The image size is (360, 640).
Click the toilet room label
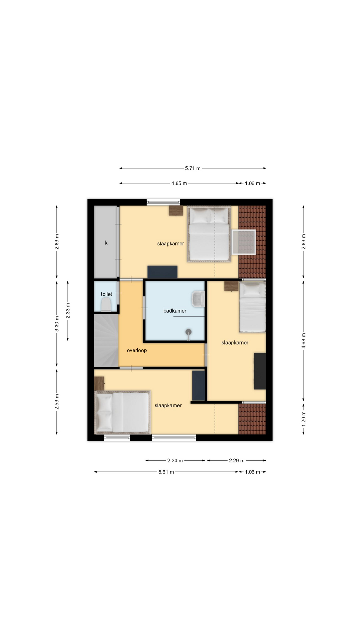click(x=106, y=294)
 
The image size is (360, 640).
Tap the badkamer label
click(x=175, y=311)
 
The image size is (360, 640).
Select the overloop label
click(x=137, y=350)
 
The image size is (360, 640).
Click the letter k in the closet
click(x=106, y=243)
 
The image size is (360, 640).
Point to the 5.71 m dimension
click(x=193, y=168)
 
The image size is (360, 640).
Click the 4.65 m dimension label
click(x=179, y=183)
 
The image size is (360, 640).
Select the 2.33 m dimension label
click(x=68, y=311)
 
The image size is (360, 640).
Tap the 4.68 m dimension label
click(x=303, y=341)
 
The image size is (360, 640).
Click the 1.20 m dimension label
click(x=303, y=418)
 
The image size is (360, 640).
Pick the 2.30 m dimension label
click(x=175, y=461)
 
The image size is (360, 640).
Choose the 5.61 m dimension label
click(x=166, y=472)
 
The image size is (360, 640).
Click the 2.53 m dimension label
click(x=57, y=402)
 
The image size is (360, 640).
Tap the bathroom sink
click(x=198, y=299)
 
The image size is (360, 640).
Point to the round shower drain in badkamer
click(x=189, y=332)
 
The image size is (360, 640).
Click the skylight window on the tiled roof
click(x=244, y=242)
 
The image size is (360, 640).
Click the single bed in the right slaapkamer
click(x=253, y=307)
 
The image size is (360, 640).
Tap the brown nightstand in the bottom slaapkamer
click(x=99, y=383)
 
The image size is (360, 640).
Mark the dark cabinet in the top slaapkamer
click(x=162, y=272)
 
